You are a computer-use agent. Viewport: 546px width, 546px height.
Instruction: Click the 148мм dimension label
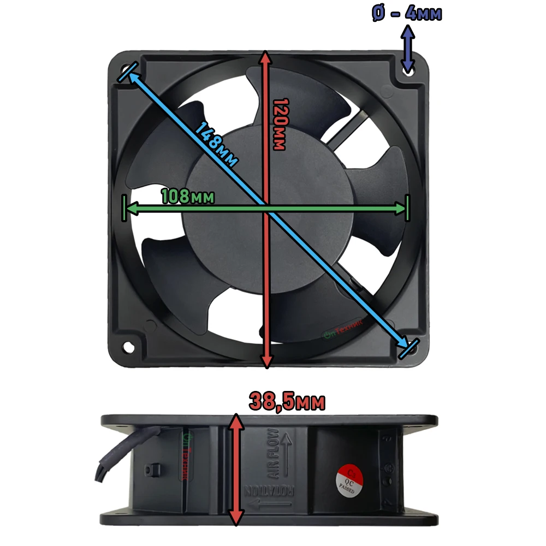pyautogui.click(x=217, y=146)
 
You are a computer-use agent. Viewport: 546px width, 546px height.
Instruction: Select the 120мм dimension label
pyautogui.click(x=279, y=124)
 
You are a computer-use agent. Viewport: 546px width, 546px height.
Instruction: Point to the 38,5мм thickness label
pyautogui.click(x=287, y=402)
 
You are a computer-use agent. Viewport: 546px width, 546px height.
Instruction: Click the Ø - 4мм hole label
pyautogui.click(x=407, y=13)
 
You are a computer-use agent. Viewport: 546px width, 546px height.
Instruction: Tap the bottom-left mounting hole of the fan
pyautogui.click(x=129, y=347)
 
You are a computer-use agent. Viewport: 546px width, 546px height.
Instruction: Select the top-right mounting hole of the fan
pyautogui.click(x=407, y=69)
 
